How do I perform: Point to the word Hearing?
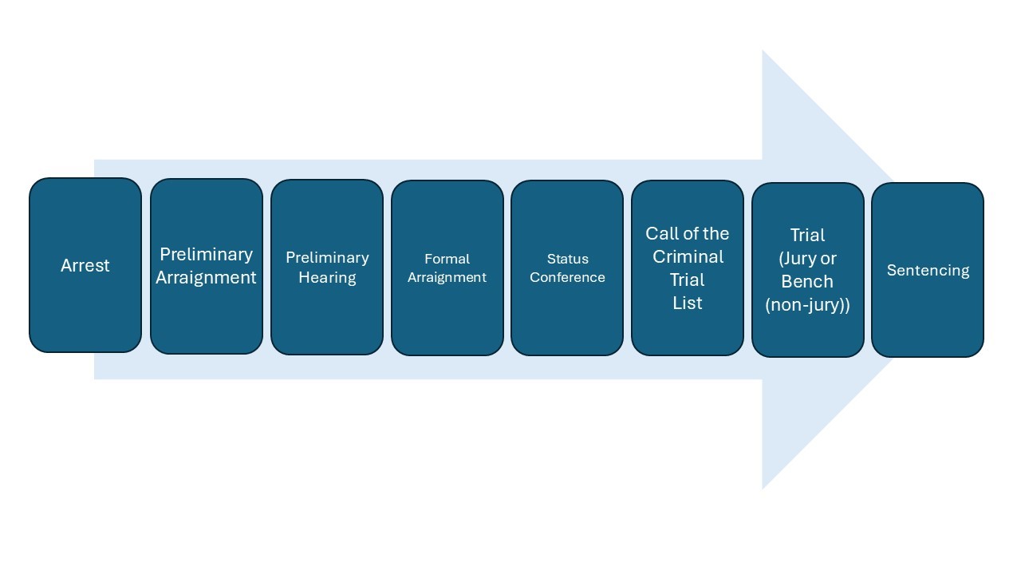point(327,278)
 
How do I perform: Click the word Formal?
point(447,259)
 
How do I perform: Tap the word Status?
point(567,259)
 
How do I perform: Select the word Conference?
point(567,278)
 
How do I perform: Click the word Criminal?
point(688,257)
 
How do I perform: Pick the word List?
point(688,303)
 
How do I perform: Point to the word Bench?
point(807,282)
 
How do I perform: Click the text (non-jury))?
point(807,304)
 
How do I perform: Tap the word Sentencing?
point(928,270)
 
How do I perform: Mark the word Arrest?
point(85,265)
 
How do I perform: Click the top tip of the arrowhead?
point(763,51)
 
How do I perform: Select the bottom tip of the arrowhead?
point(763,488)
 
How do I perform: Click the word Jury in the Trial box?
point(800,259)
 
